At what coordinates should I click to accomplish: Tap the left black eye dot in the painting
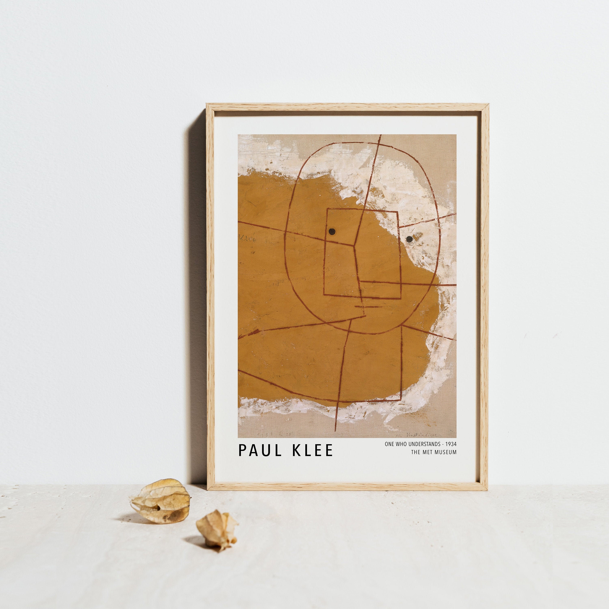point(332,232)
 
